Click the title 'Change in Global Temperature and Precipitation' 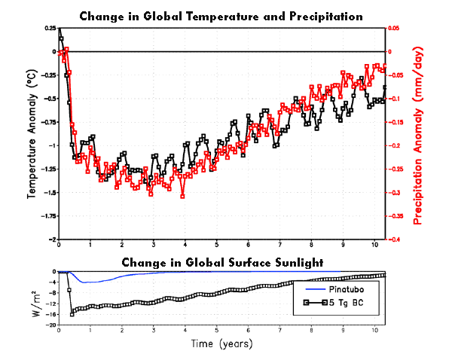coord(221,17)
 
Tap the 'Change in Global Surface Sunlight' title coord(222,263)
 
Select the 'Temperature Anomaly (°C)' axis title coord(32,134)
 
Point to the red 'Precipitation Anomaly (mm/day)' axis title coord(417,136)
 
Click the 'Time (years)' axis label coord(221,344)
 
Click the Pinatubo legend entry coord(334,289)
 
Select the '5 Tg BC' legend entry coord(334,303)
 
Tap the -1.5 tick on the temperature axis coord(50,193)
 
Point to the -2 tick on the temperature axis coord(53,239)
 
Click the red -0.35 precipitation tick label coord(394,216)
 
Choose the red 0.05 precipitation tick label coord(394,29)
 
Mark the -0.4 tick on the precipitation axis coord(393,239)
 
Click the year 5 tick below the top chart coord(216,245)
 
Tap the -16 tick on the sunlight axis coord(51,315)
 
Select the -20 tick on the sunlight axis coord(51,325)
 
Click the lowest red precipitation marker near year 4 coord(182,197)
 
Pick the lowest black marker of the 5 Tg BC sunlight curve coord(72,314)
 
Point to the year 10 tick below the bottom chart coord(374,331)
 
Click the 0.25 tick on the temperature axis coord(50,29)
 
